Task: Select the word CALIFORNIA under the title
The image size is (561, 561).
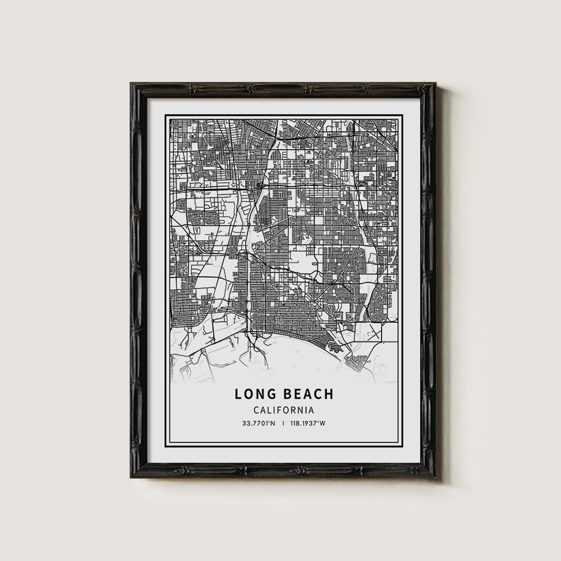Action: click(x=283, y=410)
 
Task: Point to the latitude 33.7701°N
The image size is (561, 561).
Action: click(x=259, y=423)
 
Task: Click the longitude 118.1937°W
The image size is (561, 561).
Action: click(x=307, y=423)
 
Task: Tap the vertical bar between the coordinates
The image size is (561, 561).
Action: click(x=283, y=423)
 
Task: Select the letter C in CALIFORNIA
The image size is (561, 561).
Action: click(x=256, y=410)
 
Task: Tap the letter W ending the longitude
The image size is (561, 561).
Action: click(x=323, y=423)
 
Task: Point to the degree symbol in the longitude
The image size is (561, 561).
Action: click(x=318, y=422)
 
